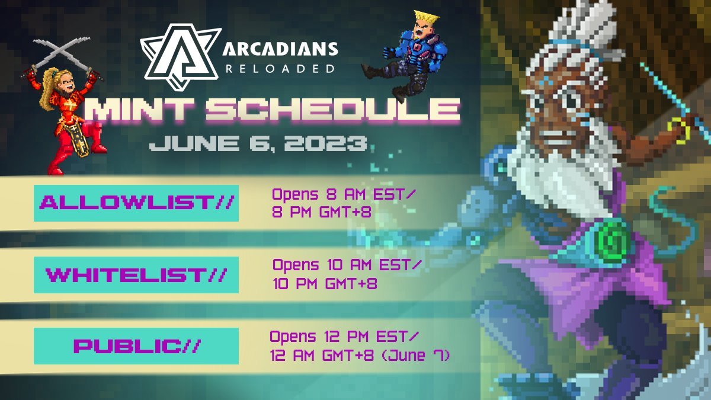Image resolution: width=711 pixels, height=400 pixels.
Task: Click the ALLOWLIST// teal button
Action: [x=136, y=203]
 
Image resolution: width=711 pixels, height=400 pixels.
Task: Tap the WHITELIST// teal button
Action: [x=136, y=274]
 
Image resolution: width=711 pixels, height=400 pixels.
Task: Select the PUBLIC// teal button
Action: [x=136, y=345]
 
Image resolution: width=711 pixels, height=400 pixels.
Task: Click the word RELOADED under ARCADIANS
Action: [x=280, y=69]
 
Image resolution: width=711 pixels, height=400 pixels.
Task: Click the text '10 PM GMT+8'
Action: [x=325, y=283]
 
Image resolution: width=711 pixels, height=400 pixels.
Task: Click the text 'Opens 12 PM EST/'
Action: [x=344, y=337]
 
